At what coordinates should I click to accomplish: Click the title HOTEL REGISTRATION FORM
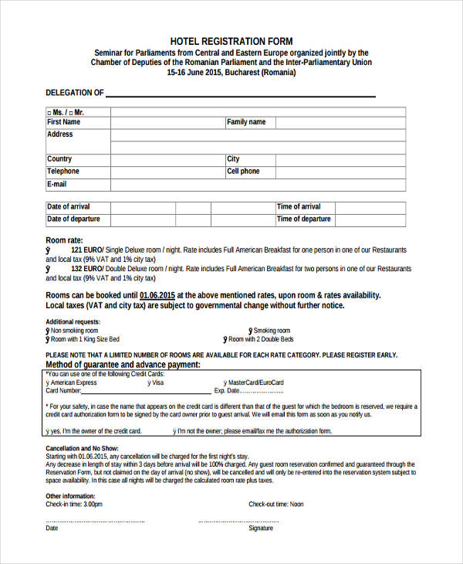click(231, 41)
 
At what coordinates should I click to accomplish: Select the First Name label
click(63, 122)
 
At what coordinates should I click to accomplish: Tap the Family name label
click(246, 122)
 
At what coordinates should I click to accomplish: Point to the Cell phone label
click(243, 172)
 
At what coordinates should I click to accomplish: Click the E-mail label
click(57, 185)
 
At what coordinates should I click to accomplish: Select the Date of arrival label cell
click(69, 207)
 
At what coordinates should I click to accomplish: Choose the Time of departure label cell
click(303, 219)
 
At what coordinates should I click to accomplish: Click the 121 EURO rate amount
click(86, 251)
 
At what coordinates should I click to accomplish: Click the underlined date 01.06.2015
click(178, 295)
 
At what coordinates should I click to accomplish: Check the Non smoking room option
click(74, 331)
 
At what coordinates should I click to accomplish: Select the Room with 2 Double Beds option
click(260, 339)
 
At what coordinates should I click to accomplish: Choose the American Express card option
click(73, 382)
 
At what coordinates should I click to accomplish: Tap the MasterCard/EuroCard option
click(255, 382)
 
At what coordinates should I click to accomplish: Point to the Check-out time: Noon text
click(275, 505)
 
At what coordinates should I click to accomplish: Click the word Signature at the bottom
click(261, 528)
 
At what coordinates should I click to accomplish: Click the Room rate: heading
click(64, 240)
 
